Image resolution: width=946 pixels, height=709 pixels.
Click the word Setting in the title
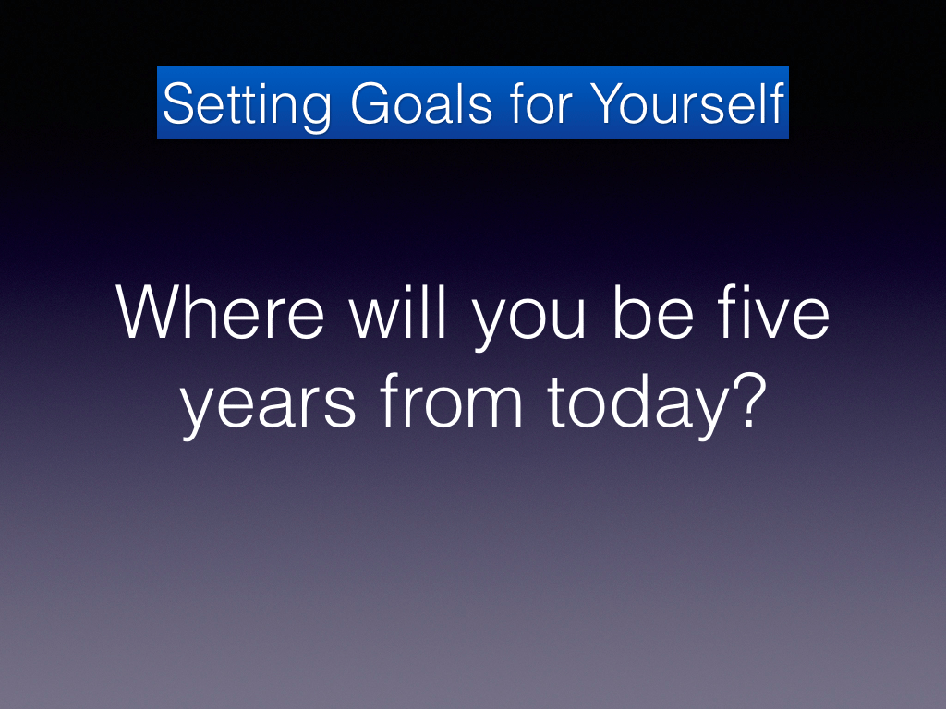pyautogui.click(x=247, y=106)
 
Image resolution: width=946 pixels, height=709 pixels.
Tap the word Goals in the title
pyautogui.click(x=421, y=103)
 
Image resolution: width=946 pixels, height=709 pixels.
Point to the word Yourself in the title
pyautogui.click(x=686, y=102)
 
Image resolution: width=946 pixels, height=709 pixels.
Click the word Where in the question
pyautogui.click(x=220, y=312)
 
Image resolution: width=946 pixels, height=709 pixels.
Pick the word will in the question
pyautogui.click(x=397, y=312)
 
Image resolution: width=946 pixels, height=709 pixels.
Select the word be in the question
pyautogui.click(x=653, y=312)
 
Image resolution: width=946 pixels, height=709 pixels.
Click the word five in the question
pyautogui.click(x=773, y=312)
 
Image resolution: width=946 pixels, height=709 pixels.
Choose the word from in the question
pyautogui.click(x=451, y=401)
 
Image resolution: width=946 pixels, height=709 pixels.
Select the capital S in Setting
pyautogui.click(x=181, y=103)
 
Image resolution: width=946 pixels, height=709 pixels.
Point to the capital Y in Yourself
pyautogui.click(x=610, y=103)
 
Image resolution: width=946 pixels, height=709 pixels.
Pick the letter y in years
pyautogui.click(x=199, y=414)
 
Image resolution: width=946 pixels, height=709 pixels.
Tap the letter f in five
pyautogui.click(x=729, y=312)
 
